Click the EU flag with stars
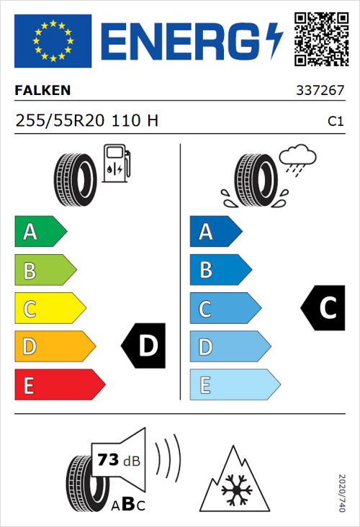(53, 41)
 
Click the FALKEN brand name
(42, 91)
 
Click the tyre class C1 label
(335, 122)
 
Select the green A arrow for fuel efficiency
(40, 232)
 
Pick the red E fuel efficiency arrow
(59, 385)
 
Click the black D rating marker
(144, 346)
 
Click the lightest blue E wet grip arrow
(234, 385)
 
